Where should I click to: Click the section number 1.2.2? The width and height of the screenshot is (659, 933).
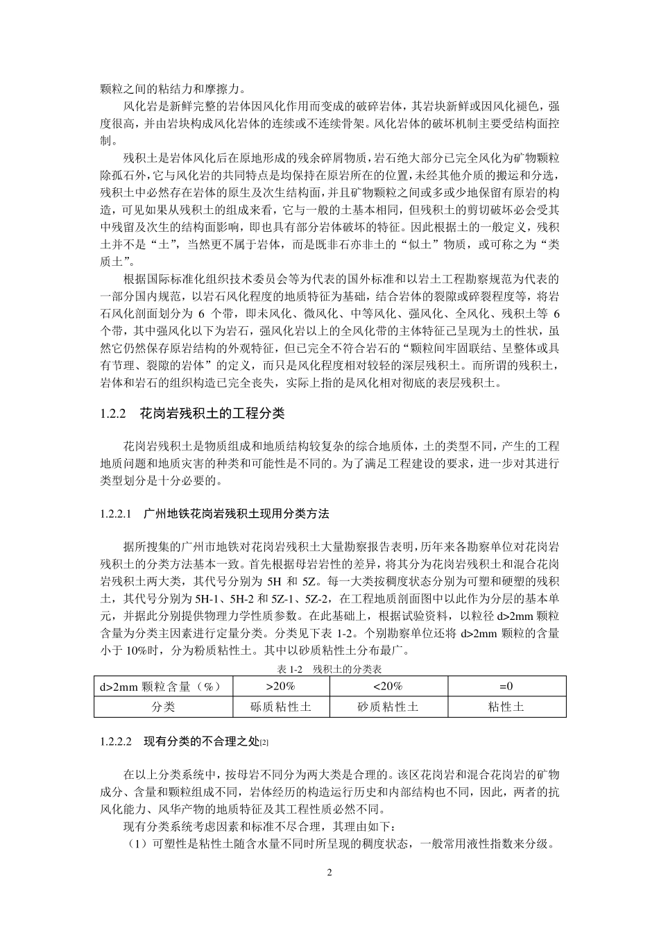click(x=112, y=413)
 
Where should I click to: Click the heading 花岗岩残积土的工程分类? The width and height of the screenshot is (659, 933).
click(x=212, y=413)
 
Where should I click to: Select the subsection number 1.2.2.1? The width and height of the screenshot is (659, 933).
click(x=116, y=514)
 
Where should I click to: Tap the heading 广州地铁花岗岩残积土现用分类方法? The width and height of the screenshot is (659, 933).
click(x=236, y=514)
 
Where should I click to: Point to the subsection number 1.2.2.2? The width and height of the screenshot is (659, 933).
click(x=116, y=742)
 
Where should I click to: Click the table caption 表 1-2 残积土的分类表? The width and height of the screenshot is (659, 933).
click(x=329, y=669)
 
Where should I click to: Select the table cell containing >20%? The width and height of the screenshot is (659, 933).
click(x=280, y=687)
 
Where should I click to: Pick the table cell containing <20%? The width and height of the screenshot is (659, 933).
click(x=388, y=687)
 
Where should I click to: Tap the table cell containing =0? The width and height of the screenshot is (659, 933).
click(x=506, y=687)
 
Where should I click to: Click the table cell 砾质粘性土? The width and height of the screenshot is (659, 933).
click(x=280, y=707)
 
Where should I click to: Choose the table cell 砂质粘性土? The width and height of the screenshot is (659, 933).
click(x=388, y=707)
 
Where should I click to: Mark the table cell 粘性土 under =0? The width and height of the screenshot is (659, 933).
click(x=506, y=707)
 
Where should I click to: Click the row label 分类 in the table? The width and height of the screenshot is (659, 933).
click(x=164, y=707)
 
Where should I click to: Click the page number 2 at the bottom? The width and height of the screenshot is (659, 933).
click(x=329, y=873)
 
